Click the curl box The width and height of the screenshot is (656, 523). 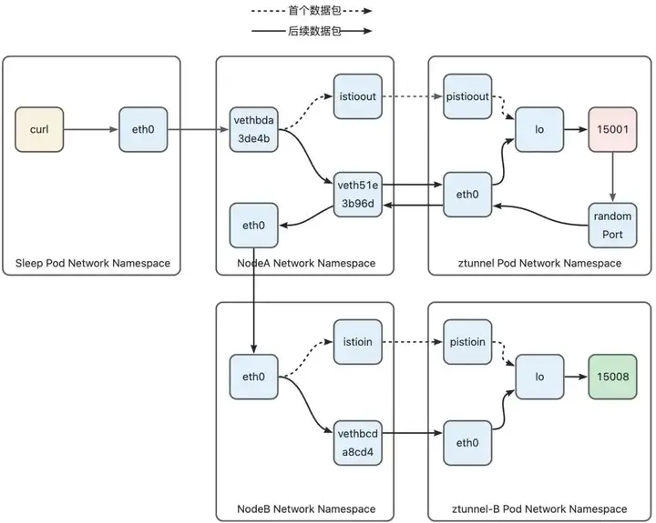coord(39,129)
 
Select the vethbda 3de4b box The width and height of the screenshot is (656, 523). coord(253,129)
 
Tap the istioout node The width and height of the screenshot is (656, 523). coord(358,96)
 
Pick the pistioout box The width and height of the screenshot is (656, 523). coord(467,96)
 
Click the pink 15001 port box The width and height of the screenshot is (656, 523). coord(612,129)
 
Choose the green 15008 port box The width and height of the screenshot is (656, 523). coord(612,377)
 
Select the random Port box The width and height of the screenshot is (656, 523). coord(612,226)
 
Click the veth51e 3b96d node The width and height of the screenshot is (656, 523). coord(358,195)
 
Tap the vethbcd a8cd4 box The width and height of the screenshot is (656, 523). coord(358,443)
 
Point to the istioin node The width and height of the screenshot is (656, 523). coord(358,342)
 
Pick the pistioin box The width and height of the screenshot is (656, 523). coord(467,342)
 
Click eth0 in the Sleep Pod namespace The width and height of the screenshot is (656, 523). coord(143,129)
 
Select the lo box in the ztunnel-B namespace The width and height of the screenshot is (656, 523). coord(539,377)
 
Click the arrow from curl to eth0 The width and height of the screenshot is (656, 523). coord(91,129)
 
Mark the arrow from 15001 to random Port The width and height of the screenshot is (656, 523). coord(612,177)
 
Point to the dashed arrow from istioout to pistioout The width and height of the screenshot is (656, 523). coord(413,96)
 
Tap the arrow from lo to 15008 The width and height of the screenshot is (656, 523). coord(576,377)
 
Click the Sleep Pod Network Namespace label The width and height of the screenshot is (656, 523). coord(93,263)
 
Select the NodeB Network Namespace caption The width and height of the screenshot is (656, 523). coord(306,509)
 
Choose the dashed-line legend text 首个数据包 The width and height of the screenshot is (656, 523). coord(314,11)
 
